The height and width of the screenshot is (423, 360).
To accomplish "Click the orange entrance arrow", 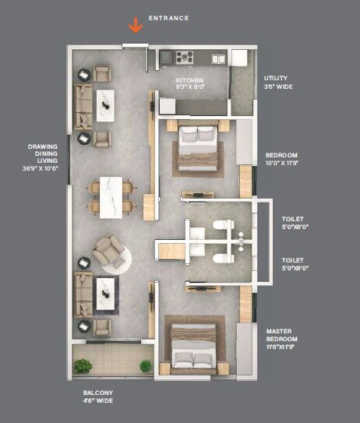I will pyautogui.click(x=136, y=25).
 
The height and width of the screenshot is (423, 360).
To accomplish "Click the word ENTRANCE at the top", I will pyautogui.click(x=168, y=17).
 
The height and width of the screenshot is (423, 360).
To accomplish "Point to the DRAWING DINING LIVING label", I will pyautogui.click(x=43, y=157).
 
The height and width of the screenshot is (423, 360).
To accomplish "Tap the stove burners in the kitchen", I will pyautogui.click(x=185, y=57).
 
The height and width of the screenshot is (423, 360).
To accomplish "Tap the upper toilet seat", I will pyautogui.click(x=224, y=227).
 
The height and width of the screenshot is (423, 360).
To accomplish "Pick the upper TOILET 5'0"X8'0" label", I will pyautogui.click(x=295, y=224).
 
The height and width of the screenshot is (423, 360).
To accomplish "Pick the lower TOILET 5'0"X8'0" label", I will pyautogui.click(x=295, y=264).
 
